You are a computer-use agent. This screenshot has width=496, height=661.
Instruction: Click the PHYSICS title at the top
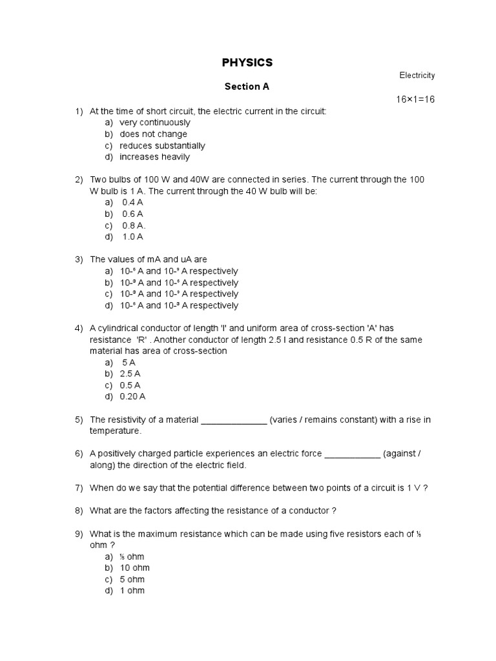[247, 63]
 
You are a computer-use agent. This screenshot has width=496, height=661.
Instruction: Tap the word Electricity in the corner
[417, 76]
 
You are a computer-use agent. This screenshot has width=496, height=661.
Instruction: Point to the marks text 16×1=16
[415, 99]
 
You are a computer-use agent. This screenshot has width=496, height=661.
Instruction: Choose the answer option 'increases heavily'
[154, 157]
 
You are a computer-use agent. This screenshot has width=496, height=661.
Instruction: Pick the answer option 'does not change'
[153, 134]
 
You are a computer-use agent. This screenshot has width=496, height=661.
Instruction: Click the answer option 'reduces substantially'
[162, 146]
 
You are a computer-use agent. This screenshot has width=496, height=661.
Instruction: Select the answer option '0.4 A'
[132, 202]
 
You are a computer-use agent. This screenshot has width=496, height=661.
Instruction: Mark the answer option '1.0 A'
[132, 236]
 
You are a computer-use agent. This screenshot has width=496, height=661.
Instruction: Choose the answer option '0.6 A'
[132, 214]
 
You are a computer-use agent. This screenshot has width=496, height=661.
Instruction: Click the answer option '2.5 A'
[130, 374]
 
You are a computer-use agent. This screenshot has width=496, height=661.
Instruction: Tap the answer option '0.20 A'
[132, 396]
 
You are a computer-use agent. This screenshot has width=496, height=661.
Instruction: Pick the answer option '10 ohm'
[134, 568]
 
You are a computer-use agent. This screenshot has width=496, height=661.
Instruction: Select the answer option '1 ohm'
[132, 591]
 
